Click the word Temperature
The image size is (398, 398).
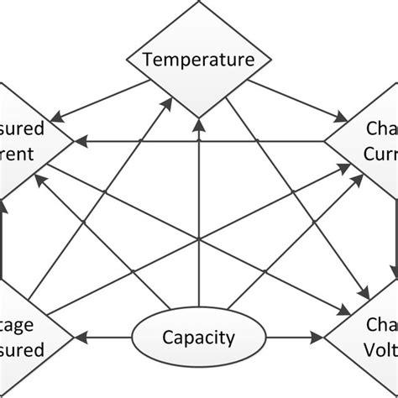199,59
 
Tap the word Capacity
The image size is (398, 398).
198,338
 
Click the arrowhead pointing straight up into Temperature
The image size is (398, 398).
199,123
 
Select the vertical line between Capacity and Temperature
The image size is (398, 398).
199,218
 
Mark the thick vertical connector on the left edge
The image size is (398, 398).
3,239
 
